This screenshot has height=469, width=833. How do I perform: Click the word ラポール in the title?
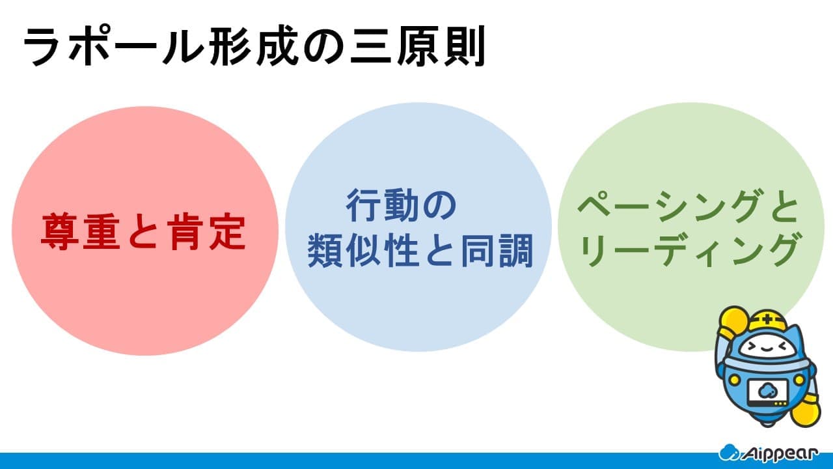113,46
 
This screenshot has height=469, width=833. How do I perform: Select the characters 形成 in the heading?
254,46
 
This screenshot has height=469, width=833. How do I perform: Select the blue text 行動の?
402,205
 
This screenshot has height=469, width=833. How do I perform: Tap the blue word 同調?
497,251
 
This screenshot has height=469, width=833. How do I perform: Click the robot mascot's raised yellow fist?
732,321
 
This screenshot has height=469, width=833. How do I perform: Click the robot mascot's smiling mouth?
767,350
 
